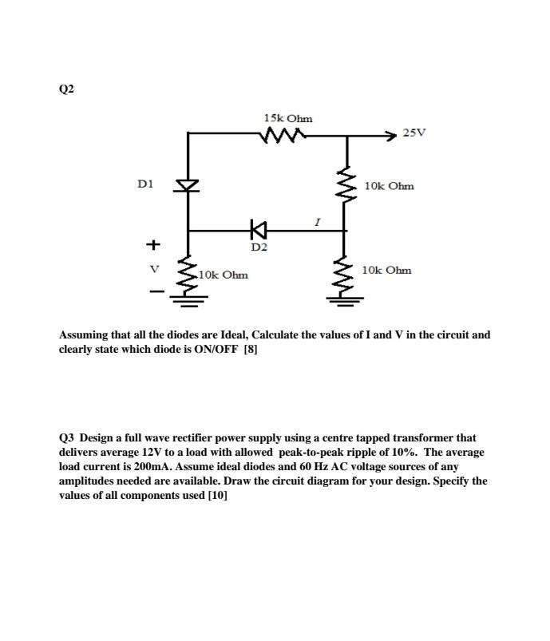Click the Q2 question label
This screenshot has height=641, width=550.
click(x=66, y=89)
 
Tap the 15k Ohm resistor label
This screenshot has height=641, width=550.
click(x=287, y=119)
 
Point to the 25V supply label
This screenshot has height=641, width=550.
click(x=414, y=133)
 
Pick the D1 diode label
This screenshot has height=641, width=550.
click(x=144, y=184)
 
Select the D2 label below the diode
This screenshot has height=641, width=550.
click(x=258, y=247)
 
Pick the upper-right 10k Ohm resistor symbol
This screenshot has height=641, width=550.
click(x=346, y=185)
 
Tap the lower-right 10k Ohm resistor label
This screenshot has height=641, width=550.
click(x=386, y=270)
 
